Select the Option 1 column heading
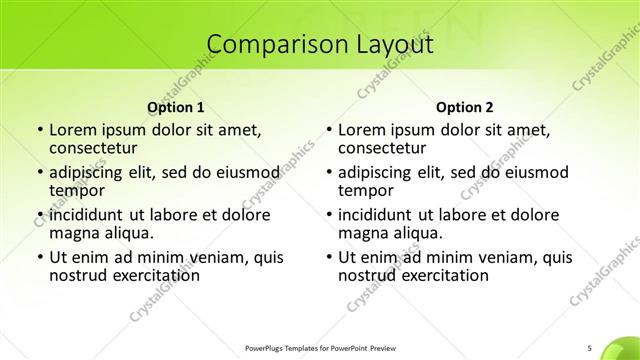176,107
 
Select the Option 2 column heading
465,107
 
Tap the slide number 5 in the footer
590,348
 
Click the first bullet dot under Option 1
39,130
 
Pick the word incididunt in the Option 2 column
381,214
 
